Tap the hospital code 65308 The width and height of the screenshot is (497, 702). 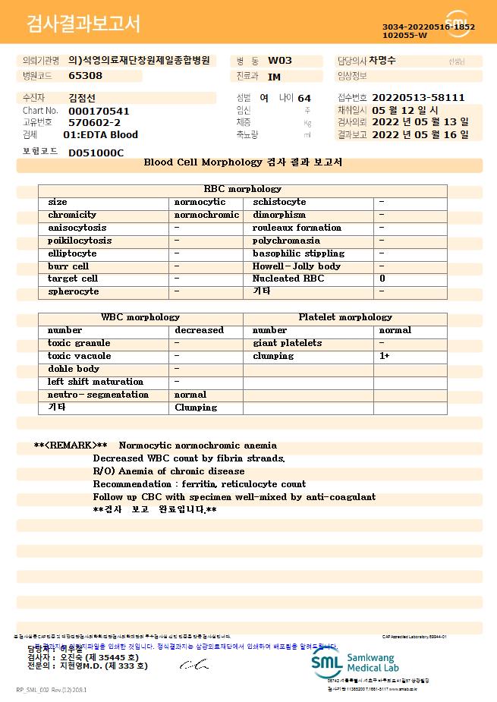[x=85, y=76]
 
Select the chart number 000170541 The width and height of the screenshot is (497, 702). [x=99, y=111]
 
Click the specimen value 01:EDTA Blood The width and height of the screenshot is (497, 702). [x=100, y=135]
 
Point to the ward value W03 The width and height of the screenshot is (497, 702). [x=280, y=61]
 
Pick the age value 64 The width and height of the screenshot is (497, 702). [x=304, y=99]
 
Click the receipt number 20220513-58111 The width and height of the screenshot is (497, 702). [x=418, y=98]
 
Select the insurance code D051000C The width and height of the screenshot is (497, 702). [x=96, y=153]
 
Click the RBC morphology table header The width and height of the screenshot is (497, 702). [x=243, y=189]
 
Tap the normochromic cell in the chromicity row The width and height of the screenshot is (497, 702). [x=206, y=215]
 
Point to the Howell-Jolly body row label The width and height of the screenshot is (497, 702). [x=296, y=266]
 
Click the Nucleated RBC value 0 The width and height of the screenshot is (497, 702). [x=382, y=279]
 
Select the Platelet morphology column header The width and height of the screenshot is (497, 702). [x=345, y=317]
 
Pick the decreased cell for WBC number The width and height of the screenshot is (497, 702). [x=199, y=330]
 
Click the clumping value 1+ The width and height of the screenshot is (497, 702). [x=385, y=356]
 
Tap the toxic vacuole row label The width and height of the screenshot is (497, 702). [x=79, y=356]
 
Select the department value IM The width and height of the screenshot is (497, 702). [x=274, y=77]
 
